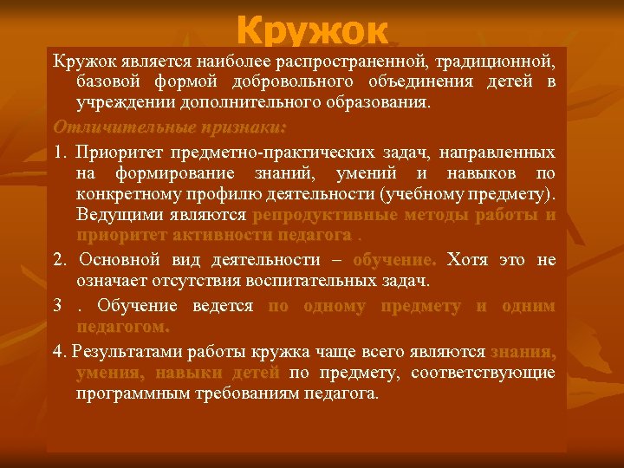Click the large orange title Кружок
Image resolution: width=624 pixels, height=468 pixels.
tap(311, 31)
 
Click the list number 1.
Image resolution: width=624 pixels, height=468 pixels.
tap(58, 153)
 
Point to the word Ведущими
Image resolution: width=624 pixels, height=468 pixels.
tap(113, 215)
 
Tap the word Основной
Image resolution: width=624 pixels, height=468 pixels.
tap(118, 260)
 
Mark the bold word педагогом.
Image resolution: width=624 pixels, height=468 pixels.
tap(123, 327)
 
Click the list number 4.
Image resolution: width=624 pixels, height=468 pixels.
tap(58, 351)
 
